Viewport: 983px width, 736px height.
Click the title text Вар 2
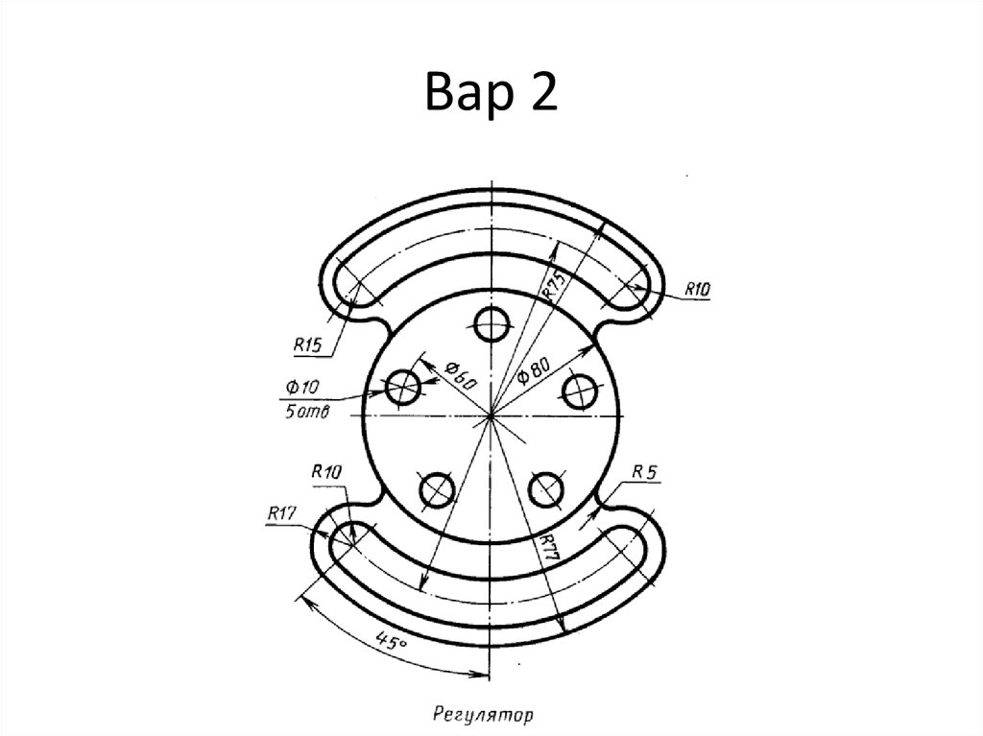pos(491,91)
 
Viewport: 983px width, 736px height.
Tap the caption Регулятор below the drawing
pos(483,714)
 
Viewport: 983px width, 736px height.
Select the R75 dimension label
pos(555,285)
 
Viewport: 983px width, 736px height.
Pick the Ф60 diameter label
pos(462,374)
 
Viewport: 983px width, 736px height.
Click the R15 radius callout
pos(307,344)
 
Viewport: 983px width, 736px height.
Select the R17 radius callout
pos(281,513)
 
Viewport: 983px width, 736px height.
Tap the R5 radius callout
pos(644,472)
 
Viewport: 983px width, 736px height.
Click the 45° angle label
pos(392,641)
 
